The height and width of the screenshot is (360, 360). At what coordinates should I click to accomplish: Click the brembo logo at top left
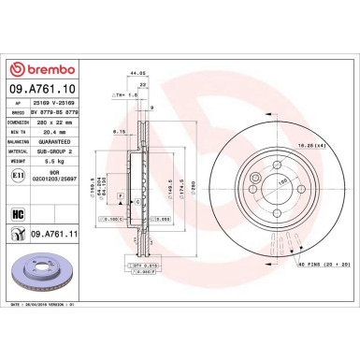tap(34, 69)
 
